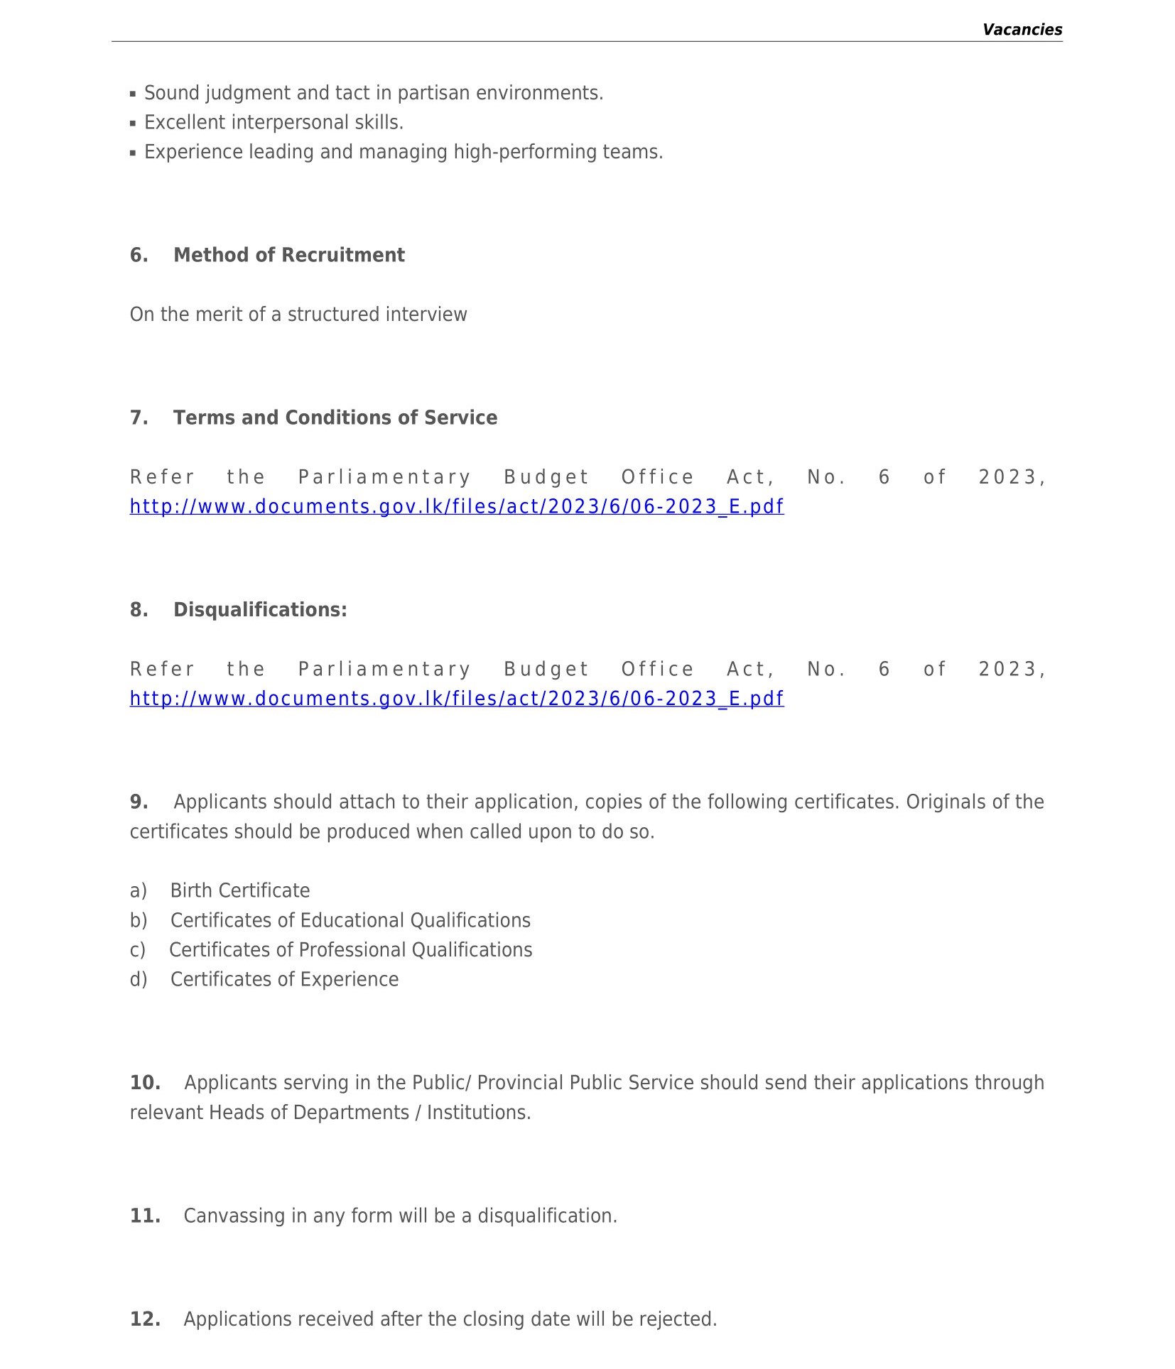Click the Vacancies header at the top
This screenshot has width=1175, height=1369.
(x=1022, y=30)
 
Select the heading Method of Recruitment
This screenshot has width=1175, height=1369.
(x=288, y=255)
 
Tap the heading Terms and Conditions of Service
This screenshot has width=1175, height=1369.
(x=335, y=418)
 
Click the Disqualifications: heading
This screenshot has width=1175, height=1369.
(x=260, y=610)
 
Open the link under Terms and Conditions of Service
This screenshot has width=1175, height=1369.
(x=457, y=506)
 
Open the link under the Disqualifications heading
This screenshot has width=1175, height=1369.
(x=457, y=699)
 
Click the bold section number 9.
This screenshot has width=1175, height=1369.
(x=139, y=802)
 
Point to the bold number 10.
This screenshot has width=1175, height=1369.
(x=144, y=1083)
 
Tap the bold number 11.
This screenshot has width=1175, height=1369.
(x=144, y=1216)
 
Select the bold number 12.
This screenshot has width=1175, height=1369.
(x=144, y=1319)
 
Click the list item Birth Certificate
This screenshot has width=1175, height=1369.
(x=240, y=890)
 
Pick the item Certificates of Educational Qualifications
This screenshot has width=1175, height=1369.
(x=350, y=920)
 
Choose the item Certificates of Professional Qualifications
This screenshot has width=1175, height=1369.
(x=350, y=950)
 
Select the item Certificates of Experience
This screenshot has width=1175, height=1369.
(x=284, y=979)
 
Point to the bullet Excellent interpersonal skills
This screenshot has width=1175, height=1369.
(x=274, y=123)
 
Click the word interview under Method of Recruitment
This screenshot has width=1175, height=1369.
(x=434, y=315)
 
